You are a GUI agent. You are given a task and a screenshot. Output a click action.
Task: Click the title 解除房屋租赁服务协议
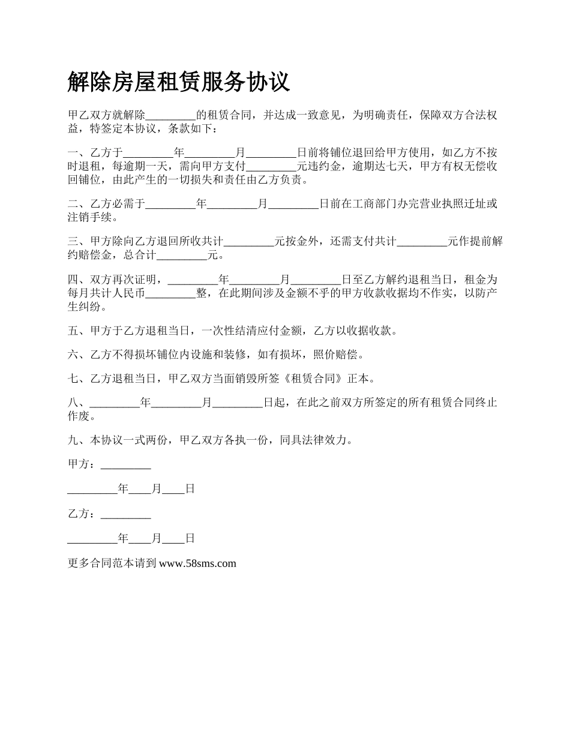[x=179, y=82]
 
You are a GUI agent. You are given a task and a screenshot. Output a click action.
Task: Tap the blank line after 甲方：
[x=126, y=464]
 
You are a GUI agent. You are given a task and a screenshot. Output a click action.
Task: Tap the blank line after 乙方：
[x=126, y=514]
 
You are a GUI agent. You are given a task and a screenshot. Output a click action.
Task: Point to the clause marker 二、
[x=79, y=204]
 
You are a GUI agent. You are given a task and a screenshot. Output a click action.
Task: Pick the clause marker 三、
[x=79, y=242]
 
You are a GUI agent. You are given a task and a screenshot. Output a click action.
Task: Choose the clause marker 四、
[x=79, y=280]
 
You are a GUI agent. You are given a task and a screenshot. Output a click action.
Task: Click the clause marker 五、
[x=79, y=330]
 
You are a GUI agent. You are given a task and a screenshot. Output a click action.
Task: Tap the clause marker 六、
[x=79, y=355]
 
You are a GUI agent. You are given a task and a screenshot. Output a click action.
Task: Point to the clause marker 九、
[x=79, y=440]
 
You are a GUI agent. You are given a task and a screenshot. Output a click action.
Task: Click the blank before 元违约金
[x=272, y=166]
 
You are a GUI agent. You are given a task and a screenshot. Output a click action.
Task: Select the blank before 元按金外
[x=249, y=242]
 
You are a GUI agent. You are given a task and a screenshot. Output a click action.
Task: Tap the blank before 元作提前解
[x=422, y=242]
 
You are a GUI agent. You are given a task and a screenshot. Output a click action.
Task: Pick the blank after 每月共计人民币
[x=171, y=293]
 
